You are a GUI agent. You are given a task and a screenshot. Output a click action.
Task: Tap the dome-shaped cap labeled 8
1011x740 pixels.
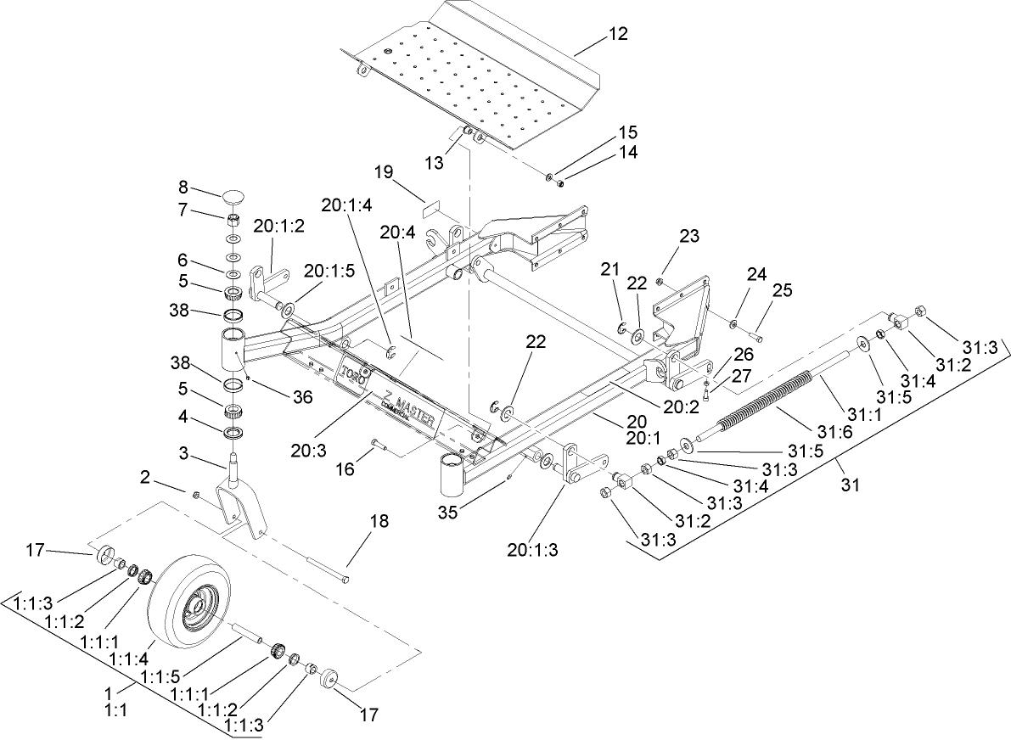click(x=234, y=197)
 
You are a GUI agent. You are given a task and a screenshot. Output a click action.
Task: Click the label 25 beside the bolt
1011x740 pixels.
click(x=780, y=292)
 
